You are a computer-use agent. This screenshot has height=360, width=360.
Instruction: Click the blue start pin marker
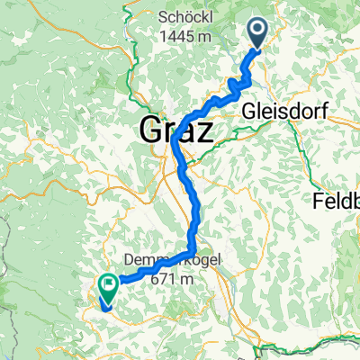257,36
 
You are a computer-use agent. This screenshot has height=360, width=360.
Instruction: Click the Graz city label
177,132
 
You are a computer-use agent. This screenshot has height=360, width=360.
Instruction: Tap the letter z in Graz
204,134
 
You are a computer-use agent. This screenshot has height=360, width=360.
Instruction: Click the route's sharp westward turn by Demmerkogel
192,250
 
